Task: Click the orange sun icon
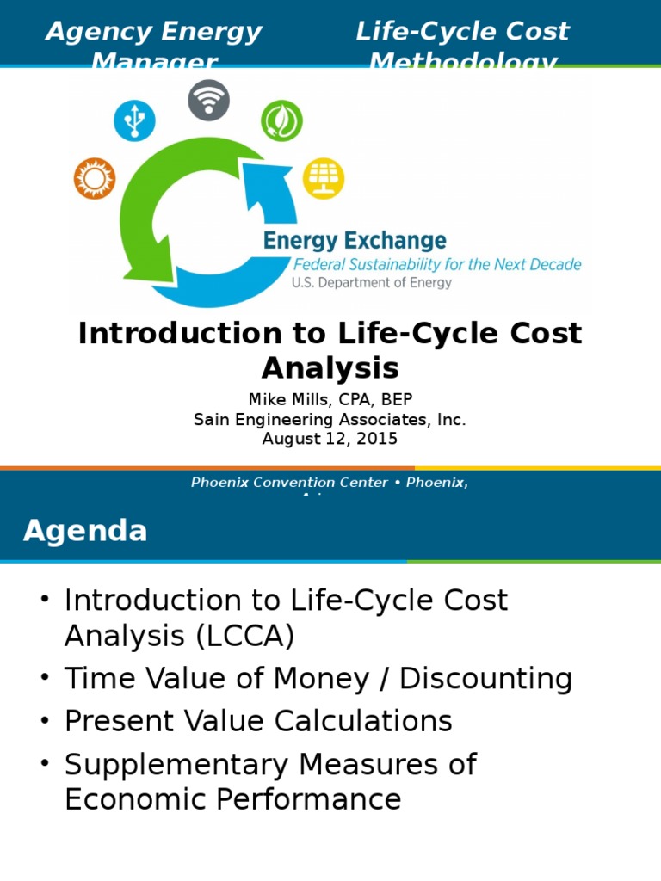click(94, 179)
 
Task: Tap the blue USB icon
click(134, 120)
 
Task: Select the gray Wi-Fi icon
click(208, 100)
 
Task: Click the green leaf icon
click(281, 120)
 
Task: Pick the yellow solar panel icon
click(324, 178)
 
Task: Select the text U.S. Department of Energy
click(371, 282)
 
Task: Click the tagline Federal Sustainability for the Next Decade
click(437, 264)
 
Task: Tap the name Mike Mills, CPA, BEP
click(330, 400)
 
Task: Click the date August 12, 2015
click(330, 439)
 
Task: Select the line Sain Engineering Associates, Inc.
click(330, 420)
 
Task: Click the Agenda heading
click(85, 531)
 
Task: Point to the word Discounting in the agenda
click(485, 679)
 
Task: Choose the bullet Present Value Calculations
click(258, 721)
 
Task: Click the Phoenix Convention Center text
click(289, 483)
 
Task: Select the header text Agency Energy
click(153, 32)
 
